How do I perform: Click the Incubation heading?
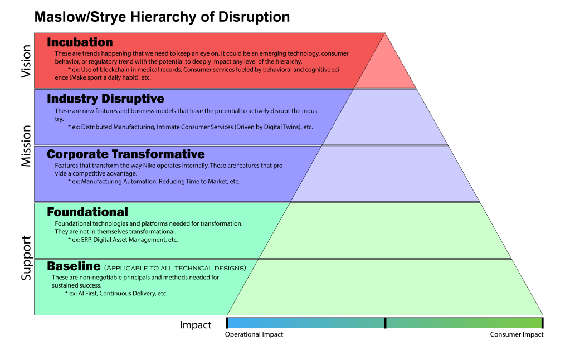click(x=80, y=42)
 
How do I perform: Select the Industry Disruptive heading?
click(x=105, y=99)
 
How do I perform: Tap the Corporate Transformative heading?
click(x=126, y=154)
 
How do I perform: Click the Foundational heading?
click(x=87, y=212)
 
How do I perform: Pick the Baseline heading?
click(x=74, y=266)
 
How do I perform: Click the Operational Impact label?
click(x=254, y=335)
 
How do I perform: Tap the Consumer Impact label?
click(x=517, y=335)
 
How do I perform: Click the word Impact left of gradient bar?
click(x=196, y=325)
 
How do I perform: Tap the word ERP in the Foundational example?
click(x=86, y=240)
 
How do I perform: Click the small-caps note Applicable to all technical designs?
click(x=175, y=268)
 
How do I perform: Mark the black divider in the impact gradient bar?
click(x=385, y=323)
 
